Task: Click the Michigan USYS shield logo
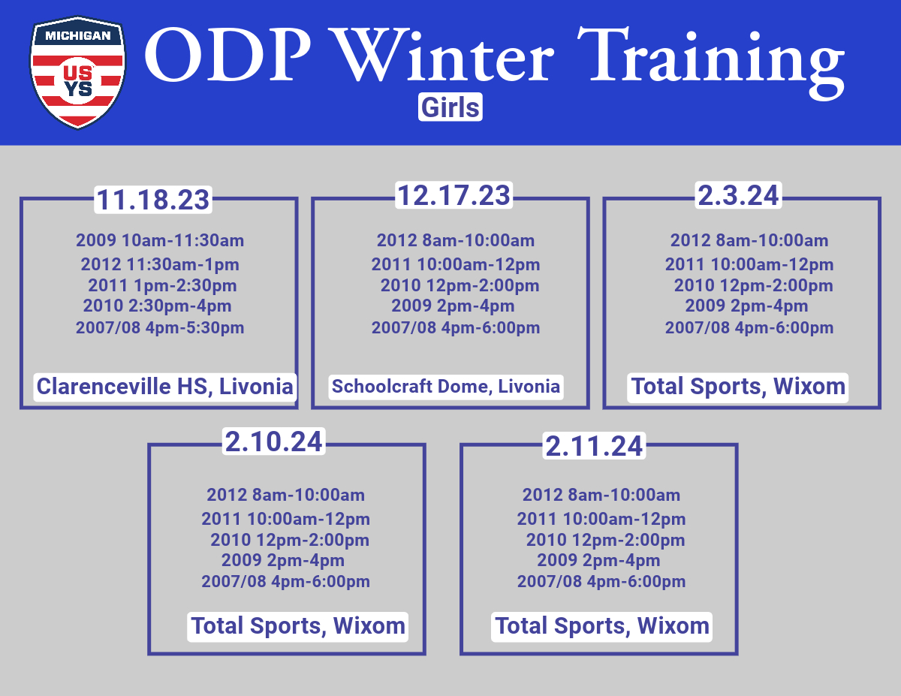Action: tap(77, 73)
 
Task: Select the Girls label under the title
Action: tap(450, 107)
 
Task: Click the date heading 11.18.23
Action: tap(153, 200)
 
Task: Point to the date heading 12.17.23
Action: tap(454, 195)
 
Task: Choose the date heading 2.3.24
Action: tap(739, 195)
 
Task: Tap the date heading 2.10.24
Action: tap(273, 441)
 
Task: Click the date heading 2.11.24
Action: tap(594, 446)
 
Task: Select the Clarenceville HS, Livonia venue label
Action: tap(165, 387)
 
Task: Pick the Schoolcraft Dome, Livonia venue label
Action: tap(446, 387)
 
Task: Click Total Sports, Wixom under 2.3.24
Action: tap(738, 387)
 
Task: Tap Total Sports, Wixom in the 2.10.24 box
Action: tap(298, 626)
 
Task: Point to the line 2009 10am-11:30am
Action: tap(160, 241)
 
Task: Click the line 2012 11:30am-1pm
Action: tap(160, 265)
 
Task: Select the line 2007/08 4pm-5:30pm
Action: tap(160, 328)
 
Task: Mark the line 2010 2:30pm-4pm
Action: tap(158, 306)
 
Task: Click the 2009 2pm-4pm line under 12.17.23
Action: tap(454, 306)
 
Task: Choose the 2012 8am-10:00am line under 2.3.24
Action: tap(749, 241)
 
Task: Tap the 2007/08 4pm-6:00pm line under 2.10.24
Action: tap(286, 582)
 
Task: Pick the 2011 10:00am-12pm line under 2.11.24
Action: tap(601, 520)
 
